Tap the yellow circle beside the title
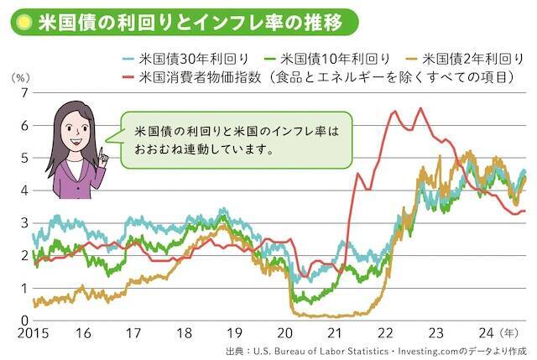(x=25, y=21)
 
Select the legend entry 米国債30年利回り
(x=190, y=59)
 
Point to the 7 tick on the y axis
(x=25, y=93)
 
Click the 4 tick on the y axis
(x=25, y=190)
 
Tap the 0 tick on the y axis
(x=25, y=320)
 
